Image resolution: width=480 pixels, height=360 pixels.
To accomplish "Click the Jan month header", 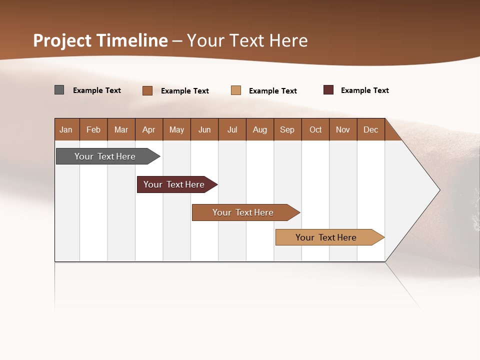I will pos(66,129).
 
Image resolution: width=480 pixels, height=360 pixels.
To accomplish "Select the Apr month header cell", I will pos(149,129).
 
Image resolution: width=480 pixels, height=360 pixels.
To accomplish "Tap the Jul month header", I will pos(232,129).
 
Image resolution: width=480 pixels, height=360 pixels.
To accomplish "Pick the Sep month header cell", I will pos(287,129).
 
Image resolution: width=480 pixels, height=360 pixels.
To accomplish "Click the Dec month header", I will pos(370,129).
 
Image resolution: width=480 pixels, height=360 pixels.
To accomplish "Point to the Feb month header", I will pos(93,129).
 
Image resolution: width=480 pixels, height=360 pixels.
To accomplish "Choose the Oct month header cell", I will pos(315,129).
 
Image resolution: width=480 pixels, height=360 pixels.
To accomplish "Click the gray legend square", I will pos(59,90).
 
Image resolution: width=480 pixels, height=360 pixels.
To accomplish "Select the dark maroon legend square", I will pos(328,90).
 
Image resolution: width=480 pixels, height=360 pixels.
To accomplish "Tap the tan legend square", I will pos(236,90).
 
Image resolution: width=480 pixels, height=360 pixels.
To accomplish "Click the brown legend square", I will pos(147,90).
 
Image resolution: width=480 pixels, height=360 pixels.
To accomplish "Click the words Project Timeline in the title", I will pos(100,40).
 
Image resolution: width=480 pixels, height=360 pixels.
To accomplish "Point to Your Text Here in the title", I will pos(247,40).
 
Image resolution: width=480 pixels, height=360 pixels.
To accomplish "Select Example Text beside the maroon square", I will pos(364,90).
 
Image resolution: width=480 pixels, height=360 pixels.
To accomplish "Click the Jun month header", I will pos(204,129).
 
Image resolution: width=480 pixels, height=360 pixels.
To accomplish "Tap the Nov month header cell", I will pos(343,129).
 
